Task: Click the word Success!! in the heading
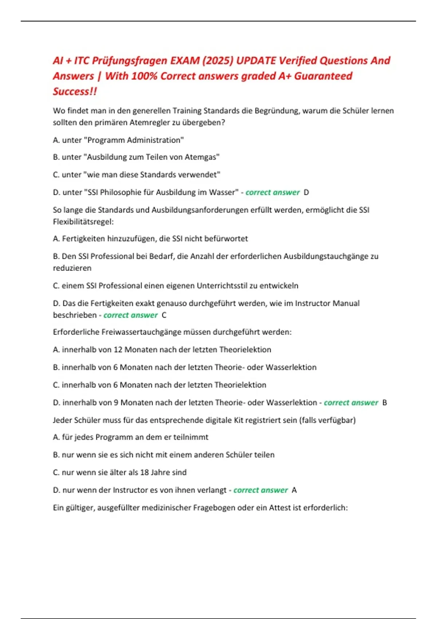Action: click(75, 91)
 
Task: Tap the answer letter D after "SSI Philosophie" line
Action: click(306, 193)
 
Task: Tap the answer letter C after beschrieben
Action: click(164, 315)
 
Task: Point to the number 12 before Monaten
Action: click(118, 350)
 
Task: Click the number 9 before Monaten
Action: click(116, 403)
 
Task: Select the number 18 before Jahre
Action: click(144, 473)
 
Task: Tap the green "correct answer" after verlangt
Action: click(261, 490)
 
